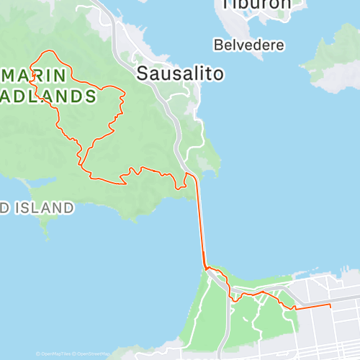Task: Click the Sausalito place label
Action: pos(180,73)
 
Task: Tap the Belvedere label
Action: pos(248,45)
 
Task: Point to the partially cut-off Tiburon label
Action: pos(257,4)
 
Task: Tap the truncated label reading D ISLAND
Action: pos(36,208)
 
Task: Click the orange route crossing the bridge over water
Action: pos(201,223)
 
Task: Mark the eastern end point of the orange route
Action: pos(330,305)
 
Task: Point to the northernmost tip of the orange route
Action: pos(48,51)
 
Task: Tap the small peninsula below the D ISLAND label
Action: pos(45,227)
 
